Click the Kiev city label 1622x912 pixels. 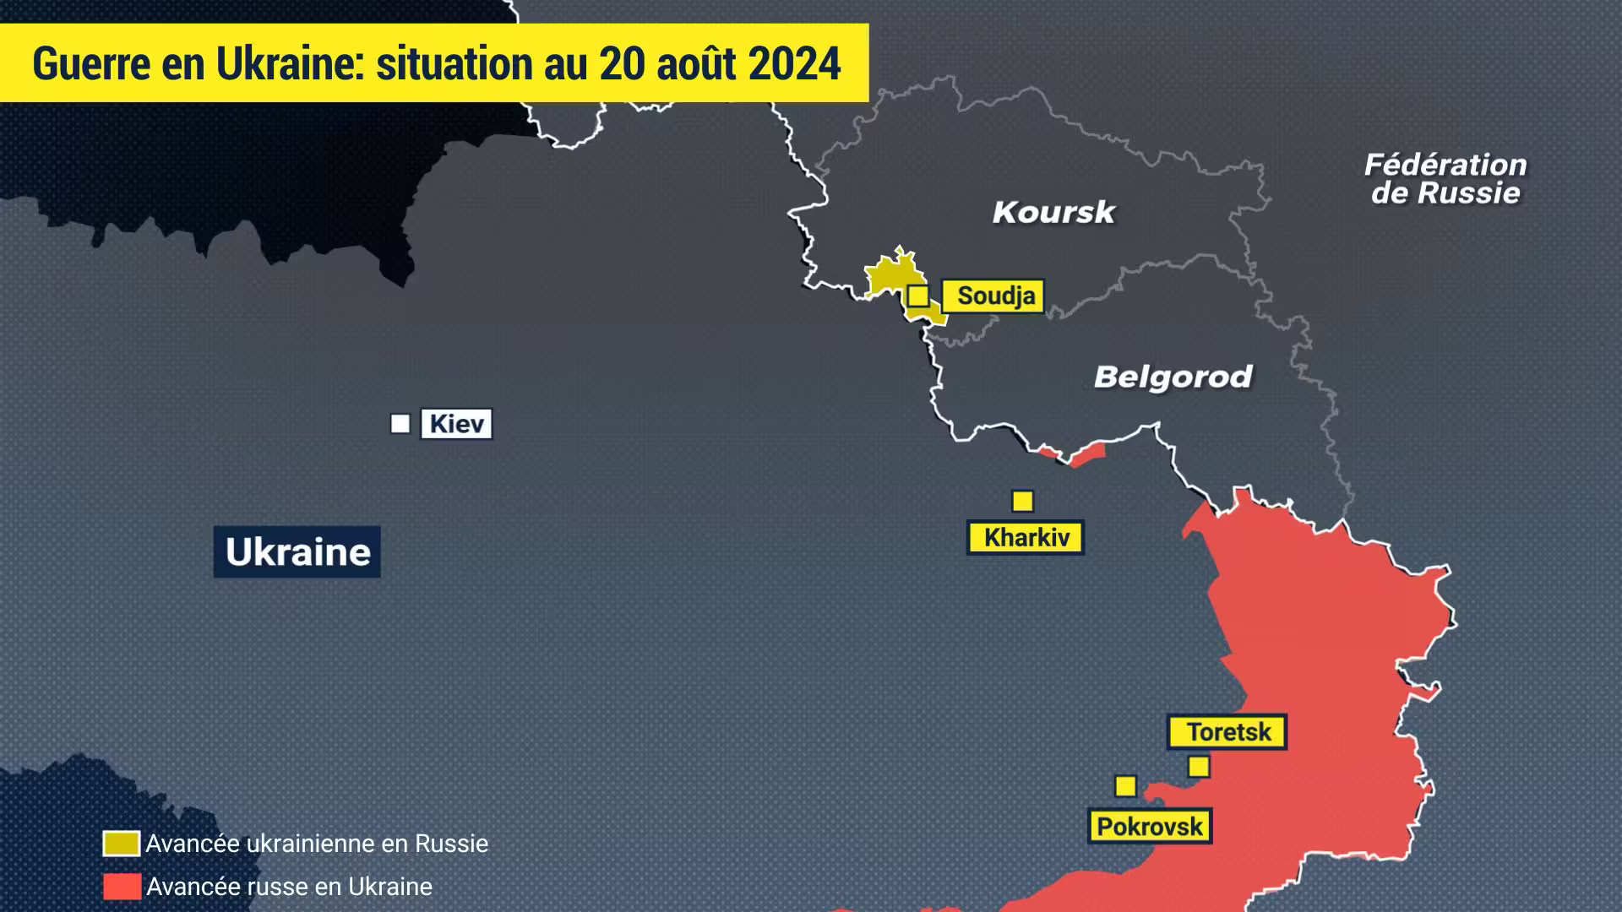(456, 424)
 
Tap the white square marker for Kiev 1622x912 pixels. (400, 424)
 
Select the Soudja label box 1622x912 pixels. (994, 296)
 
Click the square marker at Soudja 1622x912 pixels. (918, 296)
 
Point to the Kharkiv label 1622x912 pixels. (1026, 537)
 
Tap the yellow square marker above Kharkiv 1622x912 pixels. (1023, 502)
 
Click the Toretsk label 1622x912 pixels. (1227, 732)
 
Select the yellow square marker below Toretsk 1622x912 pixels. (1199, 767)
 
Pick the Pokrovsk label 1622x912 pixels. (1149, 827)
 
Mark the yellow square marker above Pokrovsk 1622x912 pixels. (1125, 786)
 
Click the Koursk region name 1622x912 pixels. (1053, 212)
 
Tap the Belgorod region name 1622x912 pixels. (1173, 377)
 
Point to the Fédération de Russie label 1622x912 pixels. (1445, 179)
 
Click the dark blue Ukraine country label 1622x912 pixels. (297, 552)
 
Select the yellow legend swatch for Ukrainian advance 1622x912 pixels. (122, 844)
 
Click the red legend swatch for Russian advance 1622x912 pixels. (122, 887)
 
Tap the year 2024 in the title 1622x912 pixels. (794, 64)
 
